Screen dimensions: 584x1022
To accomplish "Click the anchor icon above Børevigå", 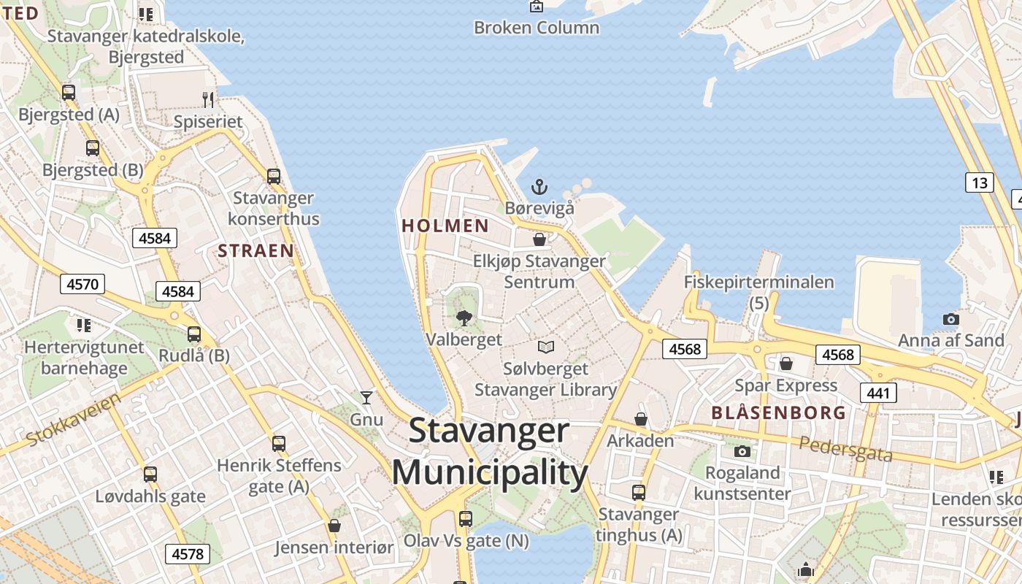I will coord(539,187).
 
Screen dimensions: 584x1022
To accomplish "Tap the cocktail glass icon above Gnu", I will coord(366,397).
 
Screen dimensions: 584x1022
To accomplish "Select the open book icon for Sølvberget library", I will coord(546,347).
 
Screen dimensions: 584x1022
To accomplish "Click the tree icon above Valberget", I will coord(464,318).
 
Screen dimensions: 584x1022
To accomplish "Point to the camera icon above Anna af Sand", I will coord(950,319).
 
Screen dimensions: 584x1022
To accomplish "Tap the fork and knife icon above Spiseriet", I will coord(209,99).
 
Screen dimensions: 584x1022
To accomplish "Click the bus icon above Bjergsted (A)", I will coord(69,93).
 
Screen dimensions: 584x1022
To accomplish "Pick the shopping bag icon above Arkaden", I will coord(640,419).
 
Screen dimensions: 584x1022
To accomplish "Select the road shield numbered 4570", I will coord(82,284).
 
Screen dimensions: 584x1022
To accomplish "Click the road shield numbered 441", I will coord(878,393).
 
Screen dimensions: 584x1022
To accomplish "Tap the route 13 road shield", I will coord(979,182).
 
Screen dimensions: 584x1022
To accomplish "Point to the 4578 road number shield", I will coord(188,554).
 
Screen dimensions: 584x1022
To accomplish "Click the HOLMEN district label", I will coord(445,226).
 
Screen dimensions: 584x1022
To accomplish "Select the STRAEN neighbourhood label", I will coord(256,251).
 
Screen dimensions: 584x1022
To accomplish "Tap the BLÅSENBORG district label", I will coord(779,412).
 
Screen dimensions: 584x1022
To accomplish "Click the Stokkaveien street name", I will coord(74,419).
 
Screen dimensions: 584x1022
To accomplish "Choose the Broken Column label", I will coord(537,28).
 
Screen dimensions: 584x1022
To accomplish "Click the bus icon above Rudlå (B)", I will coord(194,334).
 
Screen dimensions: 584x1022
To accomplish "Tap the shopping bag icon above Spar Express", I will coord(786,363).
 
